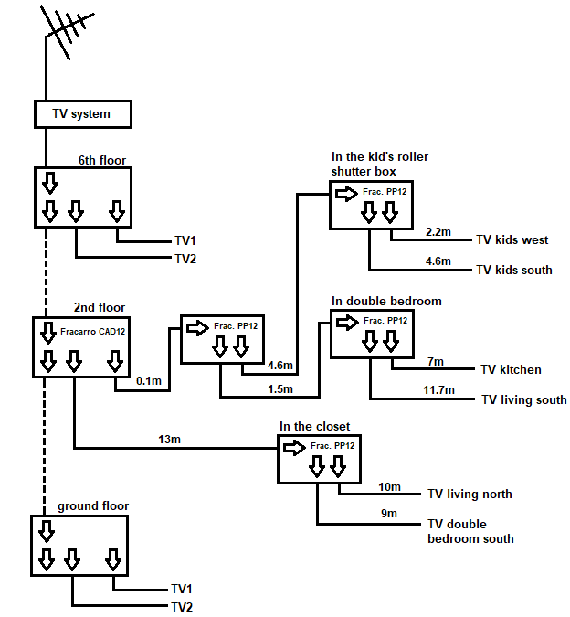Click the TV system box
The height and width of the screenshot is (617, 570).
[83, 114]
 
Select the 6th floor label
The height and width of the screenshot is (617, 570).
[102, 160]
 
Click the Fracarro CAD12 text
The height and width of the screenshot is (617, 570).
[93, 331]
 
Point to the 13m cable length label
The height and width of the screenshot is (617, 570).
[169, 439]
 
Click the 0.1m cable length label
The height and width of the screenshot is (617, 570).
[149, 380]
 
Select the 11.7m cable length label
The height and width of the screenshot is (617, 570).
[438, 390]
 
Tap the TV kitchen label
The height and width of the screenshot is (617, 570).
[511, 369]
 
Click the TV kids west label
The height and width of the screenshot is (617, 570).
[512, 239]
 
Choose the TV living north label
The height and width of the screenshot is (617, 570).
[470, 494]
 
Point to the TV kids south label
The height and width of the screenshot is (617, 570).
[514, 270]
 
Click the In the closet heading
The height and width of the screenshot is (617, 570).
[314, 426]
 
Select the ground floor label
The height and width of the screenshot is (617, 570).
[93, 506]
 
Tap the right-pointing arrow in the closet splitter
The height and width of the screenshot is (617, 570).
[294, 448]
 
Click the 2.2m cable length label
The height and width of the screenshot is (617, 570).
[438, 232]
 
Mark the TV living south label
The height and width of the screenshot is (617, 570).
[524, 399]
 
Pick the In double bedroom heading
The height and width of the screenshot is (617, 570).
[386, 301]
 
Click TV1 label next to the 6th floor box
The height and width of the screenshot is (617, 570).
[185, 240]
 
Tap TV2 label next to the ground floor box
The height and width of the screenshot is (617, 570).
[182, 607]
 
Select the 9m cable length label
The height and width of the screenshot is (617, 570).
[389, 513]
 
